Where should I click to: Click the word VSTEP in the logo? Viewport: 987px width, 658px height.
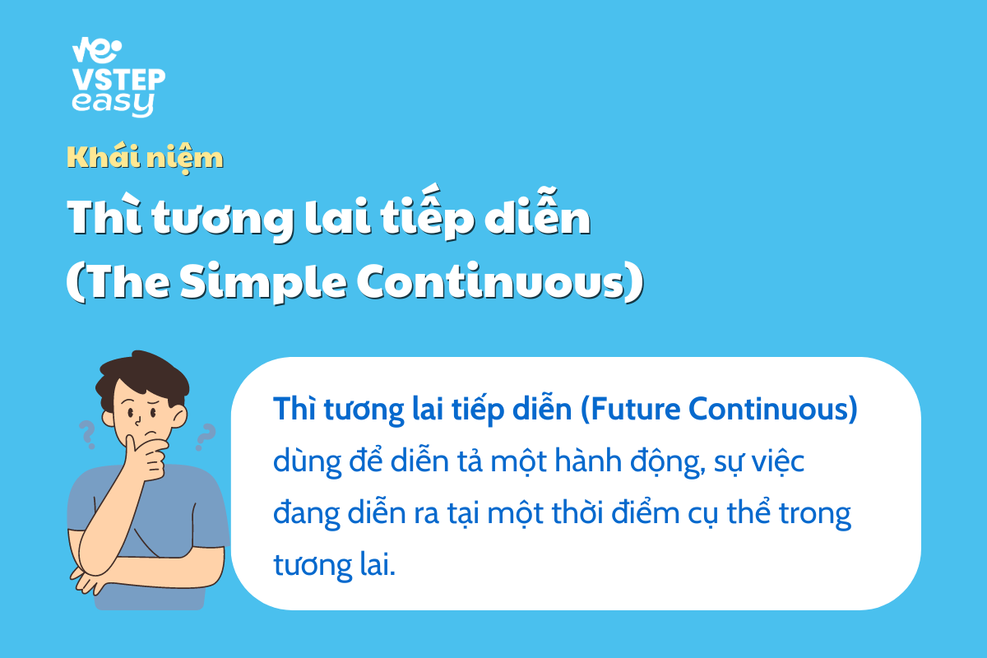(x=119, y=80)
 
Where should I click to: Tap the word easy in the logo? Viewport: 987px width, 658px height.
(x=114, y=104)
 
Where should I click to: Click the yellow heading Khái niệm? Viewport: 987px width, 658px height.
(x=145, y=158)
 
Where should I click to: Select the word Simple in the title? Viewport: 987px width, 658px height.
(x=263, y=282)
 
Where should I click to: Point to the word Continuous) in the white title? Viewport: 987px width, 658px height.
(x=500, y=282)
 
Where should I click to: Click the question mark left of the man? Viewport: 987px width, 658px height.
(x=87, y=434)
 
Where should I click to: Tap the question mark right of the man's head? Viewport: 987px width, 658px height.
(x=205, y=437)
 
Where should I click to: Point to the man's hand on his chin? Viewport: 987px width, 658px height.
(x=146, y=456)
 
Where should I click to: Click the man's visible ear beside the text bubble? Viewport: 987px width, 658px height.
(x=179, y=415)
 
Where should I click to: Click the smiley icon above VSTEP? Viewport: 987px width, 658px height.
(x=97, y=50)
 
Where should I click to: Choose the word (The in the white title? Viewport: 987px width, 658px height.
(x=118, y=282)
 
